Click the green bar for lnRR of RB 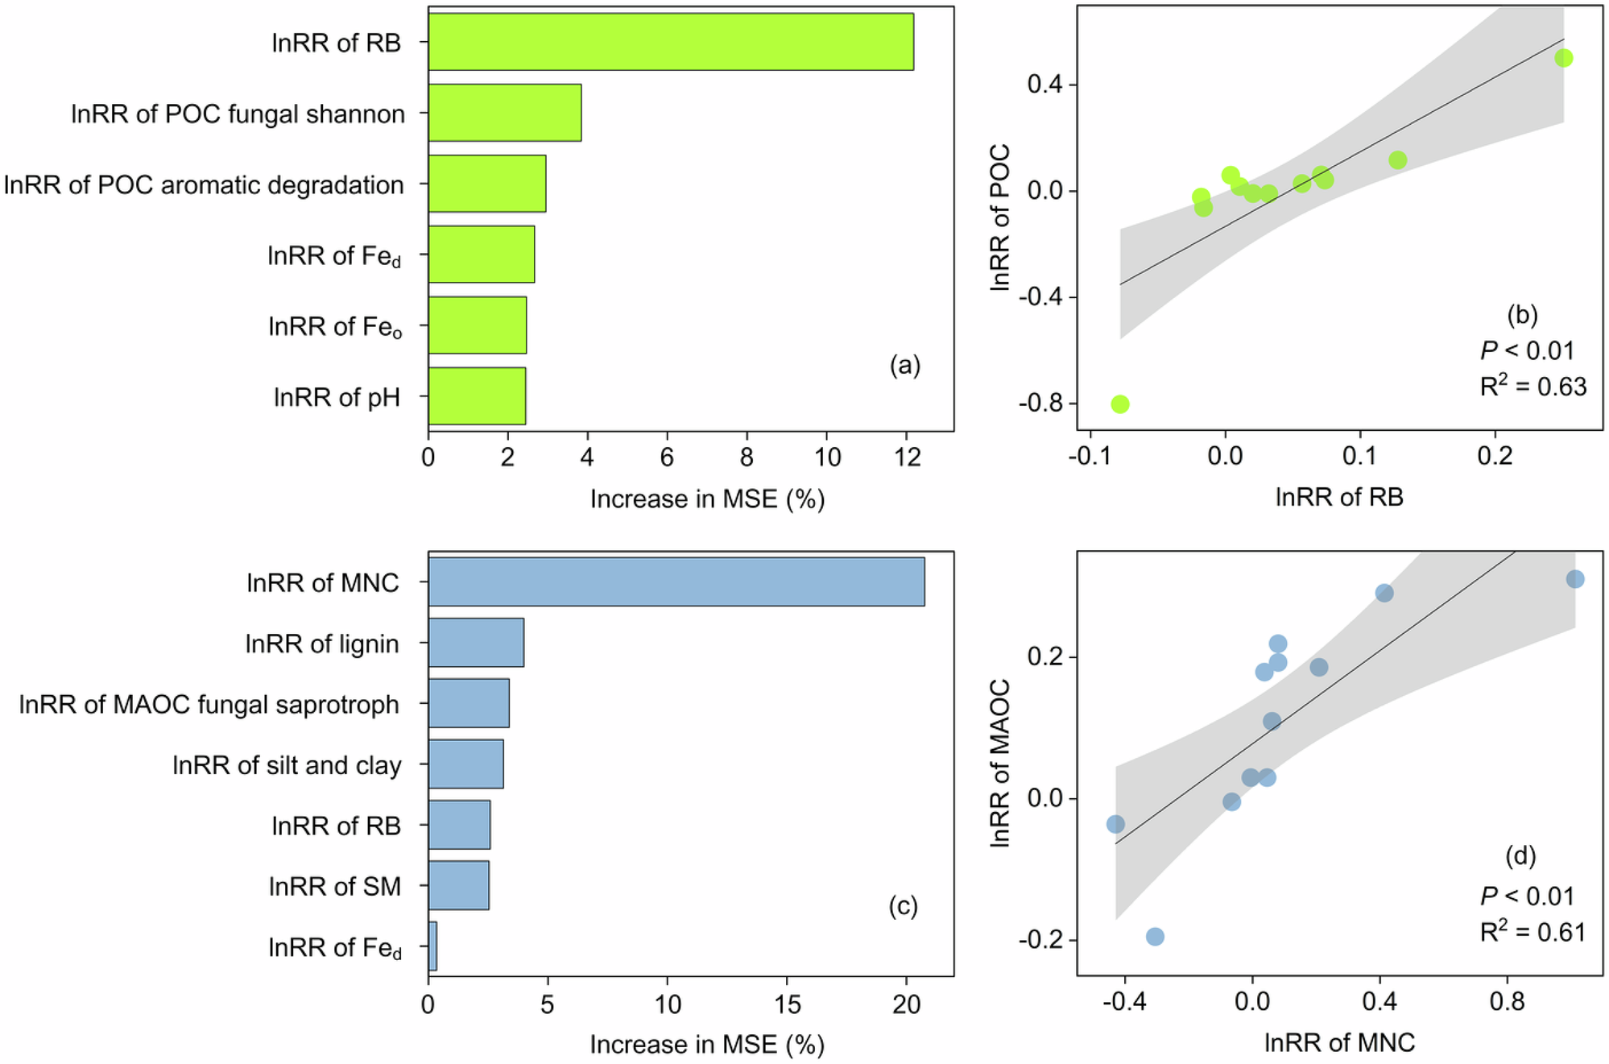(x=670, y=42)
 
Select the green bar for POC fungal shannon (x=504, y=113)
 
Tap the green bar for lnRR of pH (x=477, y=396)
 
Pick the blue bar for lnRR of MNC (x=676, y=582)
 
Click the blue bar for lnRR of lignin (x=476, y=643)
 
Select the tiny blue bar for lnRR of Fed (x=432, y=946)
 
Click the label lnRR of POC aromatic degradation (x=204, y=185)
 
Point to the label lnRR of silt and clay (x=287, y=765)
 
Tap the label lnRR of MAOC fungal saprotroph (x=209, y=705)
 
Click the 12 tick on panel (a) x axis (x=907, y=457)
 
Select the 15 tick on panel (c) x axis (x=787, y=1004)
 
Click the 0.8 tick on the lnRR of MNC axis (x=1507, y=1002)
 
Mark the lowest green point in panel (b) (x=1119, y=404)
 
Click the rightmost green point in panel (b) (x=1563, y=58)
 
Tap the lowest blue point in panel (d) (x=1155, y=937)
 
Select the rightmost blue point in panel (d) (x=1575, y=579)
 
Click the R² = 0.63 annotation (x=1532, y=387)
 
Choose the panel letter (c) (x=903, y=906)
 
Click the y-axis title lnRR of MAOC (x=999, y=763)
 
